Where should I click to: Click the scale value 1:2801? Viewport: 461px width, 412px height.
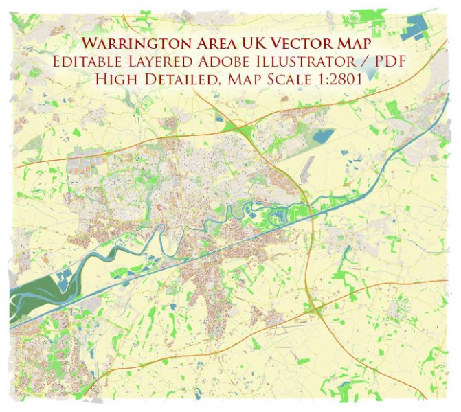pos(341,79)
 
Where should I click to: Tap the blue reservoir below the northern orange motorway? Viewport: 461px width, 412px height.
pos(322,136)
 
